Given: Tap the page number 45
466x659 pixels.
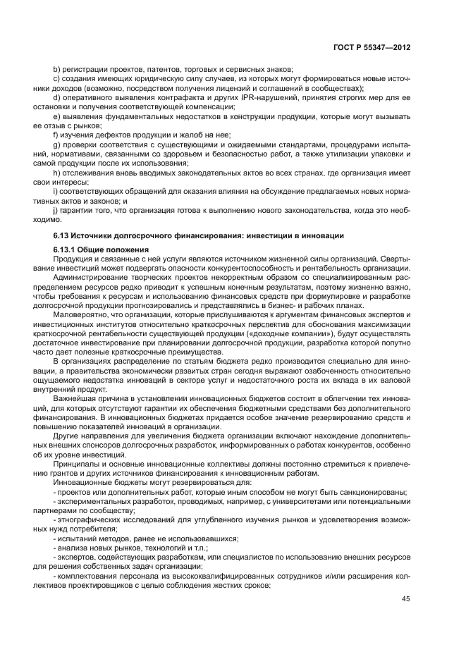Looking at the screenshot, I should [405, 600].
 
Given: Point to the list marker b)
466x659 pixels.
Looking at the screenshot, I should [58, 69].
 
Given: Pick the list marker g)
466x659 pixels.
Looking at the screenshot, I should [58, 143].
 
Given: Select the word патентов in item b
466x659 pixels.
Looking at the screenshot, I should [166, 69].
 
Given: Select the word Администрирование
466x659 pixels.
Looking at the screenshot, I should [92, 278].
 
